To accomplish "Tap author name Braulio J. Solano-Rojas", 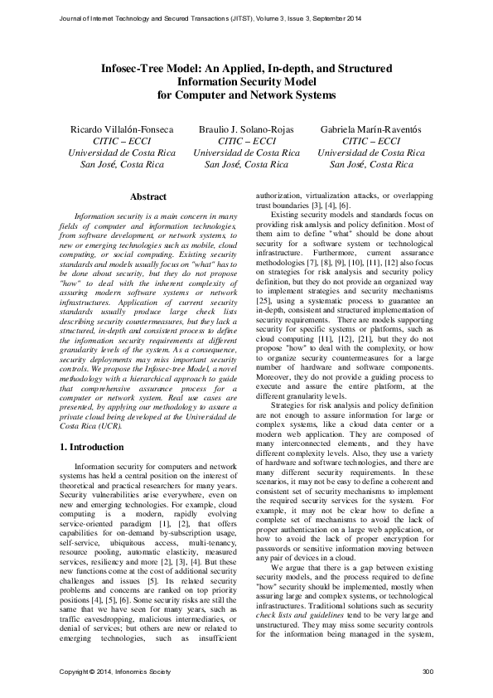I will pyautogui.click(x=246, y=130).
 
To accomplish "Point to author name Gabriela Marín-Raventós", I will pyautogui.click(x=372, y=130).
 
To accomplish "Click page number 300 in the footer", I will pyautogui.click(x=428, y=671).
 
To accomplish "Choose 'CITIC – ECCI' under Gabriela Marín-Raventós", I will pyautogui.click(x=372, y=142).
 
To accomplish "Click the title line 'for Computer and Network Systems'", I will pyautogui.click(x=246, y=95).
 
